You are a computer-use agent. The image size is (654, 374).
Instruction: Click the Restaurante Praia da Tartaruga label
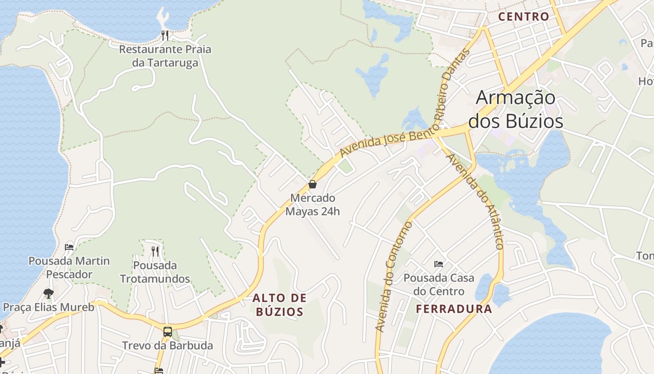pyautogui.click(x=165, y=56)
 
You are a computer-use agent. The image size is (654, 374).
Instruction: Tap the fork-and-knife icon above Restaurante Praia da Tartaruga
pyautogui.click(x=164, y=35)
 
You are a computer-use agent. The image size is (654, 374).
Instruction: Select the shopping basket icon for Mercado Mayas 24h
pyautogui.click(x=313, y=184)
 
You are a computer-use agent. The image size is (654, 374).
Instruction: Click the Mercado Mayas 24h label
pyautogui.click(x=313, y=205)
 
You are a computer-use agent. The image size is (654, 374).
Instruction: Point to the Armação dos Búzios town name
pyautogui.click(x=516, y=109)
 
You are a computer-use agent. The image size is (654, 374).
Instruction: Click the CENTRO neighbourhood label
pyautogui.click(x=524, y=17)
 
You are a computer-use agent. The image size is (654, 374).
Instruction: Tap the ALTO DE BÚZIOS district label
pyautogui.click(x=280, y=304)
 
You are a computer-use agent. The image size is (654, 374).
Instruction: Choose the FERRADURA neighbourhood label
pyautogui.click(x=454, y=309)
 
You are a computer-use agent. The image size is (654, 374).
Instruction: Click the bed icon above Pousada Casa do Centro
pyautogui.click(x=438, y=264)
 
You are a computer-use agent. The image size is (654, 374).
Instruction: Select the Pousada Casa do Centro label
pyautogui.click(x=439, y=285)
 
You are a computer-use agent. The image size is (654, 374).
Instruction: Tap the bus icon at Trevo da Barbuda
pyautogui.click(x=167, y=332)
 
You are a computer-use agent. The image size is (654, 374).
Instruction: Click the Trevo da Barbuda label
pyautogui.click(x=167, y=346)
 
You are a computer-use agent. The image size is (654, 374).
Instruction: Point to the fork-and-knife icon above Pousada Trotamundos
pyautogui.click(x=155, y=251)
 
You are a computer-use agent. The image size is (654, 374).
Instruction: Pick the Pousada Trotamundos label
pyautogui.click(x=155, y=272)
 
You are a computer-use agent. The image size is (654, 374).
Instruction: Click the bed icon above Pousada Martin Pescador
pyautogui.click(x=69, y=247)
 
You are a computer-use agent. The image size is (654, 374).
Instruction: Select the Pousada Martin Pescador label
pyautogui.click(x=69, y=267)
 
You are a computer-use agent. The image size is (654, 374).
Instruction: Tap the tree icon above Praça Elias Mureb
pyautogui.click(x=48, y=294)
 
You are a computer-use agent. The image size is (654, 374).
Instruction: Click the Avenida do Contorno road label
pyautogui.click(x=394, y=277)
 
